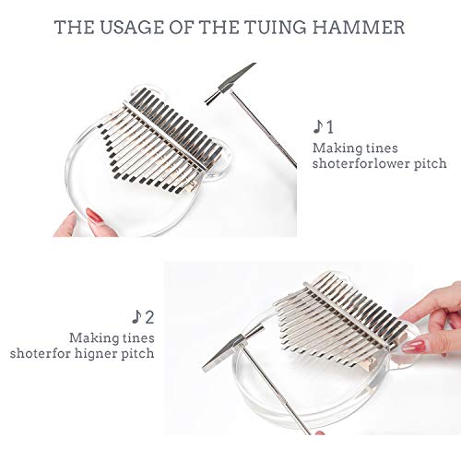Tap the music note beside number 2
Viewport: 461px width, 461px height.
[136, 316]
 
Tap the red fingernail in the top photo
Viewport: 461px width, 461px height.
[94, 215]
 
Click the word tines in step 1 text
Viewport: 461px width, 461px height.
[378, 148]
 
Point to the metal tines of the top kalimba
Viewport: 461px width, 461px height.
[148, 138]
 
